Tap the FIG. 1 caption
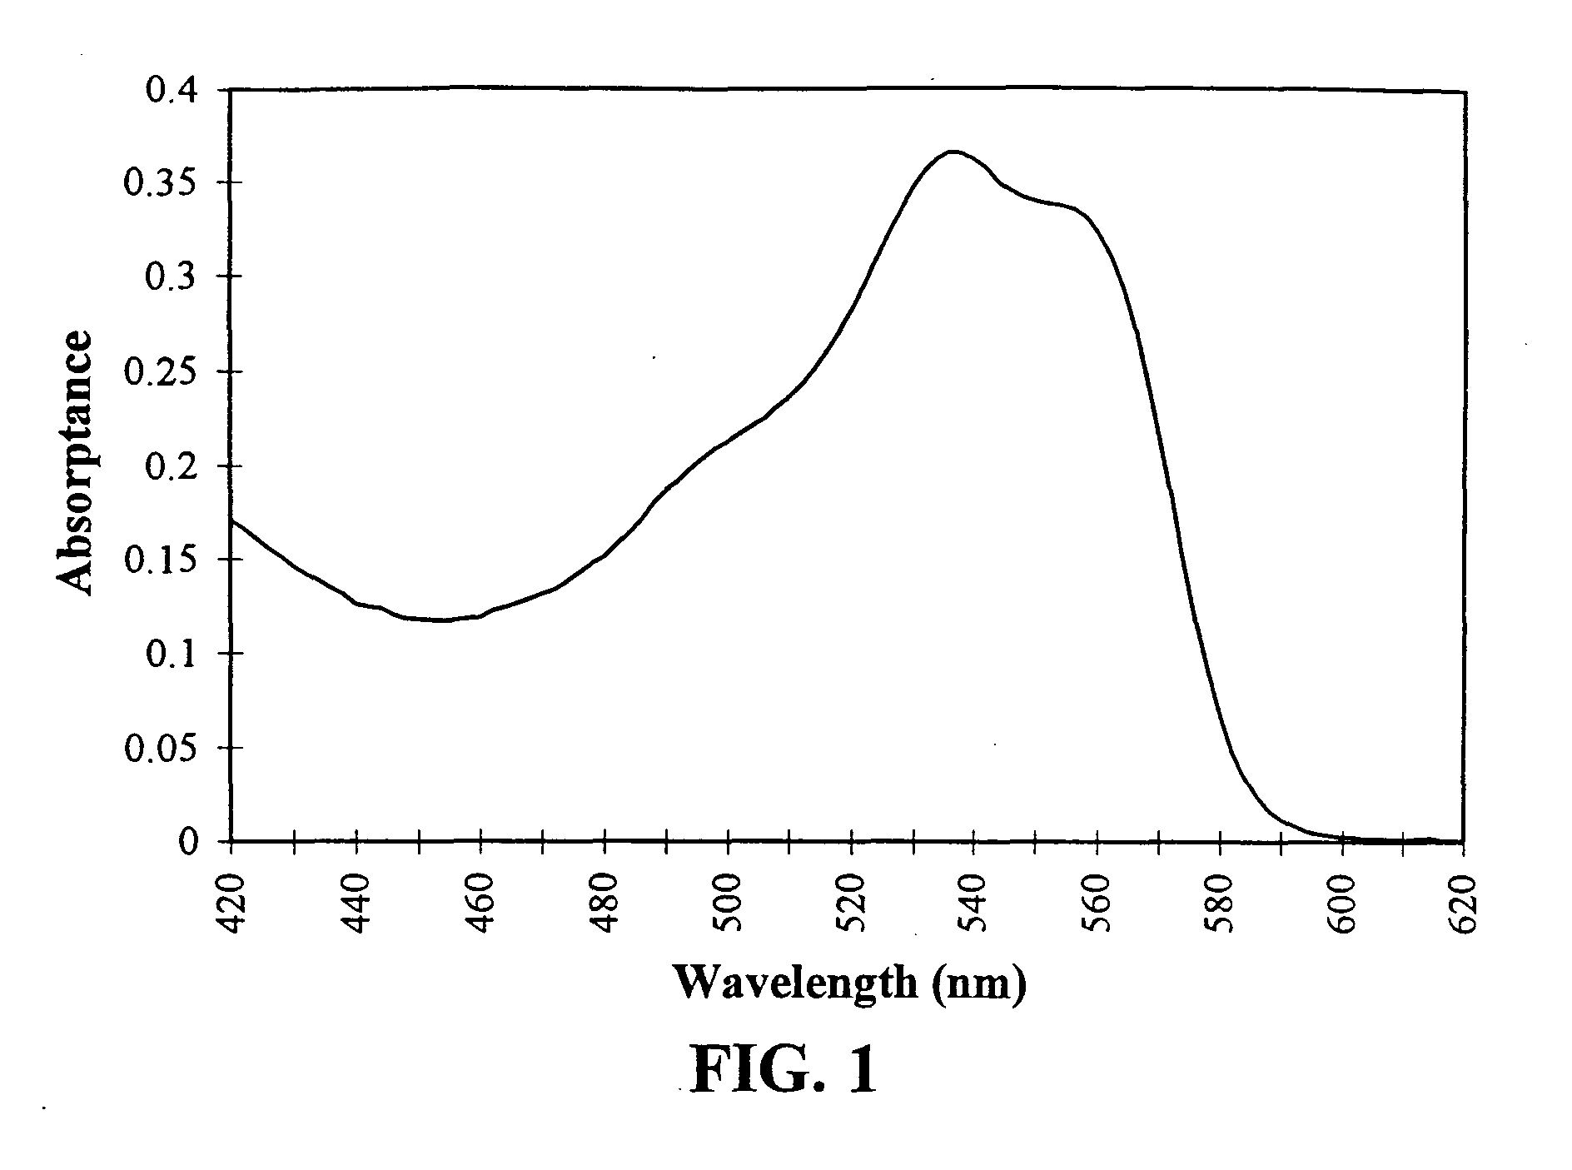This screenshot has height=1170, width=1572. (x=784, y=1069)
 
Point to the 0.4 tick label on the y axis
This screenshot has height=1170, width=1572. (x=171, y=89)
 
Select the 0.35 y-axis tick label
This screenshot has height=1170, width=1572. (x=162, y=182)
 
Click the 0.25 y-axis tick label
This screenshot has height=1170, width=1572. (x=162, y=371)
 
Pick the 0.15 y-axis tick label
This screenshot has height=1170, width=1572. (x=162, y=559)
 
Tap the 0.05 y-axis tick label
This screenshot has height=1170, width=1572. (x=162, y=748)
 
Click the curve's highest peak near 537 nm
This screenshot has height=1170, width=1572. (x=953, y=152)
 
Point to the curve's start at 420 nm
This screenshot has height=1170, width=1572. (x=231, y=520)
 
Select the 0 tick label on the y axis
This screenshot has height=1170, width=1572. (x=190, y=842)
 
